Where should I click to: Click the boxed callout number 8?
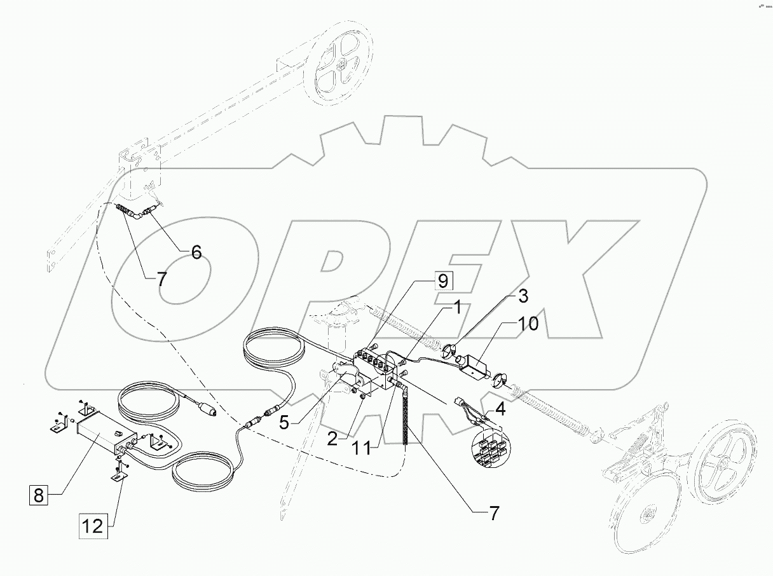pos(39,495)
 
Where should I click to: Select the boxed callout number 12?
pos(93,526)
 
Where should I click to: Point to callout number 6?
pos(196,252)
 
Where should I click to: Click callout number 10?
pos(528,324)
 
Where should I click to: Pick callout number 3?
pos(521,296)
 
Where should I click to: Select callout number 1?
pos(456,307)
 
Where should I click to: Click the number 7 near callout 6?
pos(162,278)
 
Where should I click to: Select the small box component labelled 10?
pos(474,366)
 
